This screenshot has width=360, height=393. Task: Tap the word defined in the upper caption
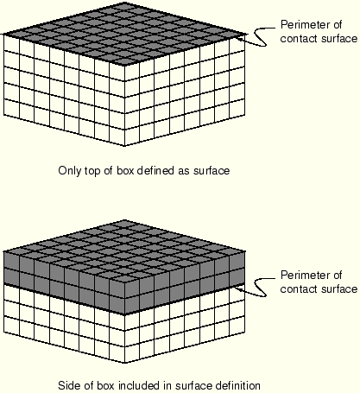point(155,170)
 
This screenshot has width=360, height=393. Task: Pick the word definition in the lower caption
point(238,385)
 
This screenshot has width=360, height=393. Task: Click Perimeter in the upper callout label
point(306,25)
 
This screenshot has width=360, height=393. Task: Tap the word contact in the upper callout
point(300,39)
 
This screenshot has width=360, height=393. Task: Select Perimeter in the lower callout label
point(306,276)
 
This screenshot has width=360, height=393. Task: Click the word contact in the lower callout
point(300,289)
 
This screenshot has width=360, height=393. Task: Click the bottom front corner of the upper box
point(124,146)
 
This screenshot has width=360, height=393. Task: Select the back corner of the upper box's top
point(124,3)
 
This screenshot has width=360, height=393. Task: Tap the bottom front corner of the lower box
point(124,363)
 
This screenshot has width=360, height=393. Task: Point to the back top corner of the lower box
point(124,220)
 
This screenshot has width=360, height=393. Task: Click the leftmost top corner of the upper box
point(3,35)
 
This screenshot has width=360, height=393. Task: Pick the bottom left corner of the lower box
point(3,333)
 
